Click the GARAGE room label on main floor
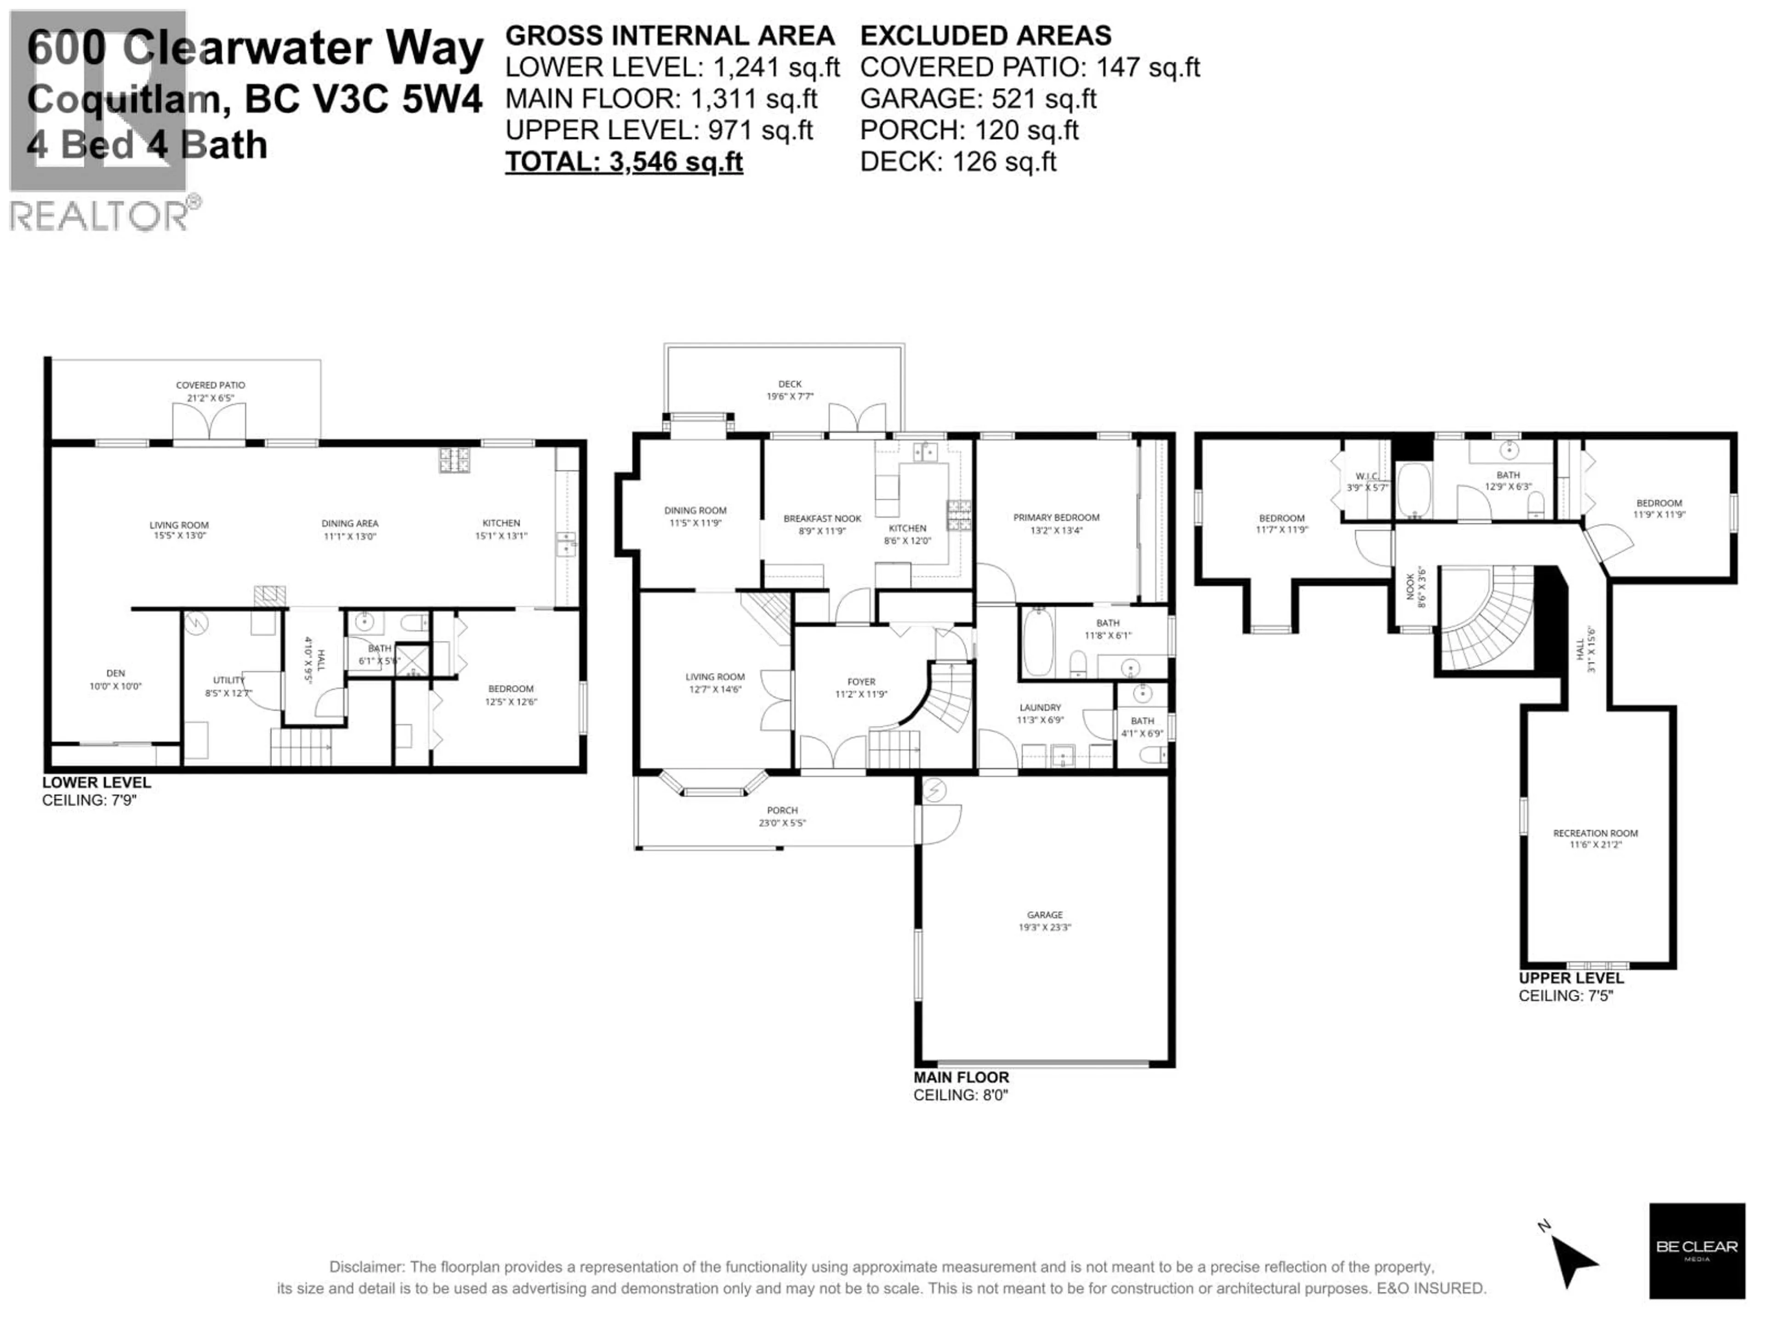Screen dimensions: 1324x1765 click(x=1044, y=914)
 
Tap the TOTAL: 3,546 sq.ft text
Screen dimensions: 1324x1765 click(x=624, y=162)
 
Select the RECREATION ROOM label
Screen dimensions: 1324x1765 click(x=1595, y=833)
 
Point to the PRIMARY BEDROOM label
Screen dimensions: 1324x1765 click(x=1056, y=517)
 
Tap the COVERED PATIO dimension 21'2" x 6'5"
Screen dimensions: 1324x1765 click(x=211, y=398)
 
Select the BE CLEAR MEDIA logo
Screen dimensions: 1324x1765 click(x=1697, y=1250)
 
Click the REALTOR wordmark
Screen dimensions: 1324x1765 click(x=100, y=216)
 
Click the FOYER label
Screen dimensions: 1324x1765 click(x=861, y=682)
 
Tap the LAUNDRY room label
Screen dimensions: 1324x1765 click(x=1040, y=707)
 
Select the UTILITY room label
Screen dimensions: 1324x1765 click(x=228, y=680)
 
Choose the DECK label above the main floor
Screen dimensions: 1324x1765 click(x=789, y=384)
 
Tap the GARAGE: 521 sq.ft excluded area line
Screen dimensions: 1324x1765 click(x=978, y=99)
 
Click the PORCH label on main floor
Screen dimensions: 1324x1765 click(x=782, y=810)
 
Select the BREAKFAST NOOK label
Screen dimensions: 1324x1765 click(x=822, y=518)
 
